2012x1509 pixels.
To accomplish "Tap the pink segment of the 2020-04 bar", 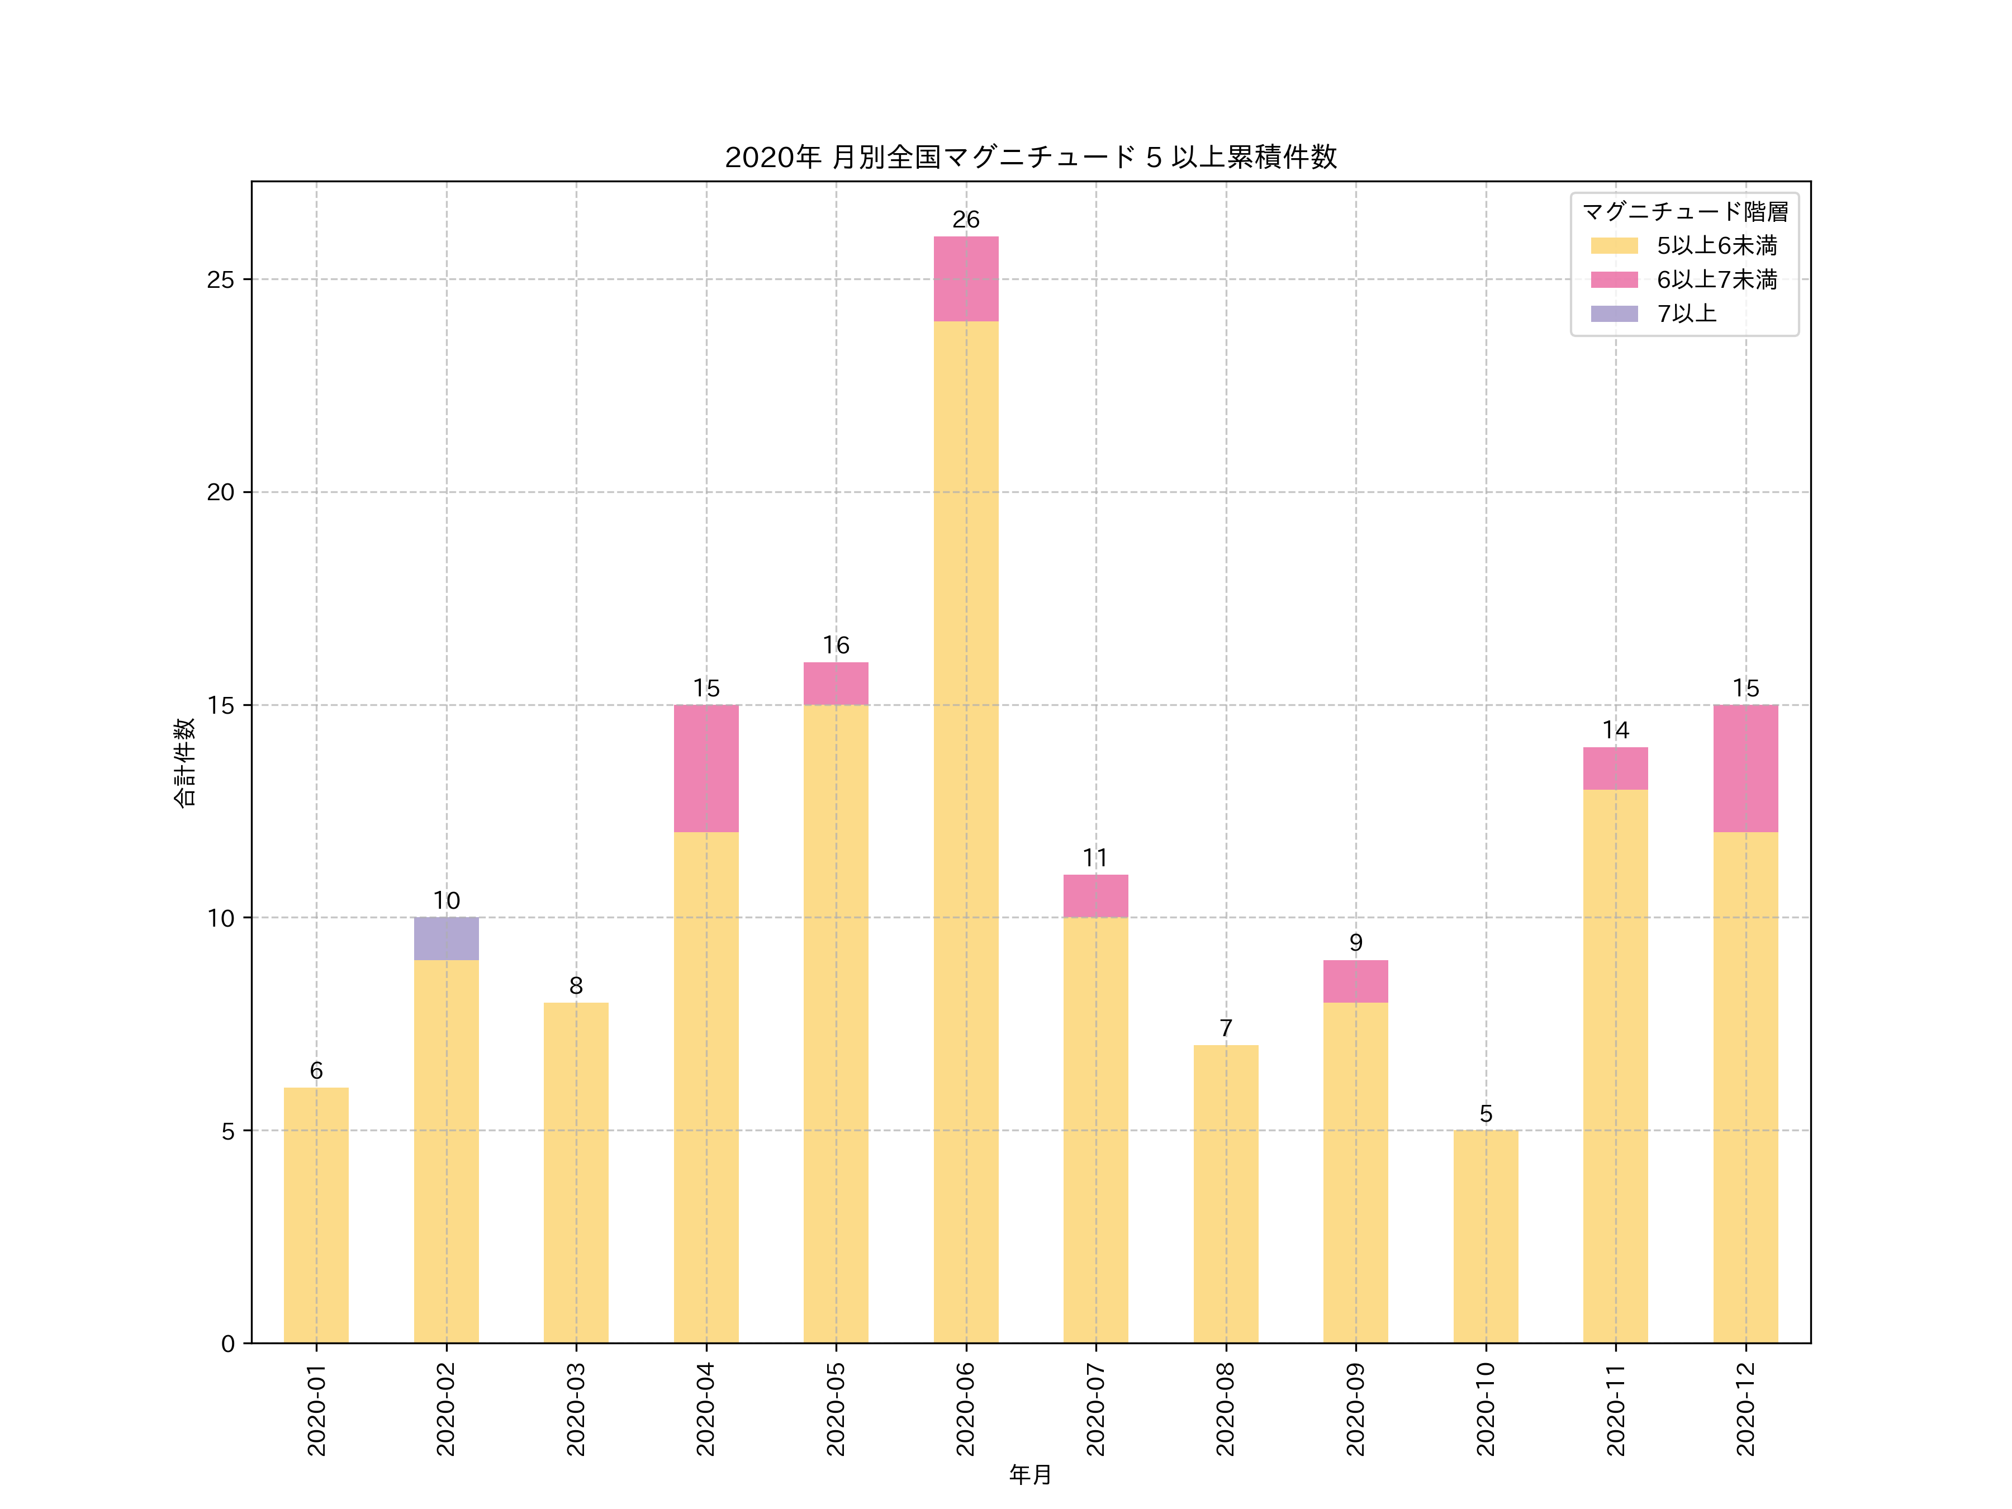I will point(706,768).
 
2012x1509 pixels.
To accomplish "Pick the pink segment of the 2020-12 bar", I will point(1745,768).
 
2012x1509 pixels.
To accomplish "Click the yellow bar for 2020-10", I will point(1486,1236).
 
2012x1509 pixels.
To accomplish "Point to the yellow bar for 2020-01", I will point(316,1214).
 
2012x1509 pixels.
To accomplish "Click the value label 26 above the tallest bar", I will point(965,219).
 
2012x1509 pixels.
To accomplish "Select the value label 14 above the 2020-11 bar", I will point(1615,730).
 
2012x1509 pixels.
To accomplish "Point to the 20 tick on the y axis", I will point(220,492).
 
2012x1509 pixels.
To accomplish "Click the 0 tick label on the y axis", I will point(227,1344).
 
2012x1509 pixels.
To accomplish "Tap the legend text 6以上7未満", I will point(1716,279).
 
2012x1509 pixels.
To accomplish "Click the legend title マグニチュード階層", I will point(1684,212).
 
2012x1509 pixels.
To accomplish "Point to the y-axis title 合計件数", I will point(184,762).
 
